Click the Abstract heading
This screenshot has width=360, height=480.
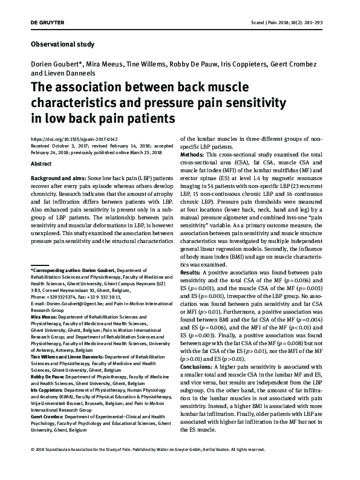(x=41, y=164)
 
